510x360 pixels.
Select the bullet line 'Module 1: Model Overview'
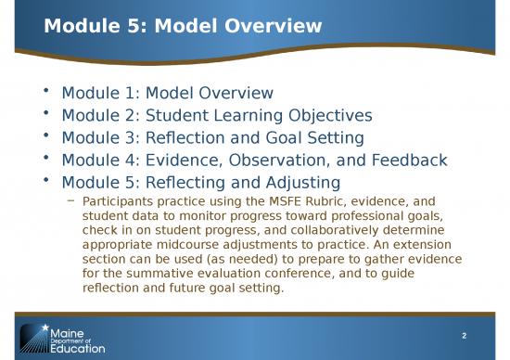pyautogui.click(x=167, y=93)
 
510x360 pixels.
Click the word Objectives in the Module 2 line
pyautogui.click(x=321, y=115)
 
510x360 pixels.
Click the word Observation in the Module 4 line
pyautogui.click(x=274, y=160)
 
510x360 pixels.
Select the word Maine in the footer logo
pyautogui.click(x=66, y=330)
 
